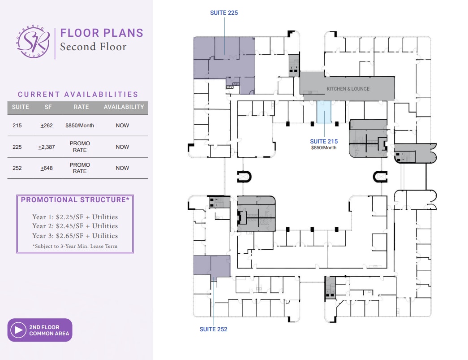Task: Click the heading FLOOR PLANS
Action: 102,33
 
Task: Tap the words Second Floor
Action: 93,47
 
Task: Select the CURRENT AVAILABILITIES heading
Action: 78,94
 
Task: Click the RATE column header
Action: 81,107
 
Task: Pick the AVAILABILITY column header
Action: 124,107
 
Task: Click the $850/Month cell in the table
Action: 80,126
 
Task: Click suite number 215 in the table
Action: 17,126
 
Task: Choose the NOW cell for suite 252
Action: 122,168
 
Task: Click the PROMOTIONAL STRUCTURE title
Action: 75,200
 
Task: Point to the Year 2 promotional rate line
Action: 75,226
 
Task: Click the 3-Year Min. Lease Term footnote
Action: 74,246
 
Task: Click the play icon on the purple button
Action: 18,330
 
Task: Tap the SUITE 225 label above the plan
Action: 224,13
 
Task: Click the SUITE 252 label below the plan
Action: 213,329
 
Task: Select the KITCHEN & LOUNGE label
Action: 348,89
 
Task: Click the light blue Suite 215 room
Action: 324,112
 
